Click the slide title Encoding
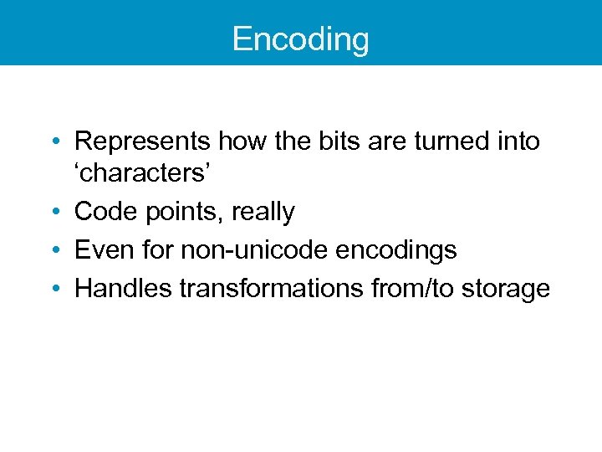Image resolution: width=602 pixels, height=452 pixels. (300, 39)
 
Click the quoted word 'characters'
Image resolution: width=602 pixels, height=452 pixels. (144, 173)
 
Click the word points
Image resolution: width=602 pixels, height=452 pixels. (179, 213)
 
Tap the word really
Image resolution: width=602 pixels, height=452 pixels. (263, 213)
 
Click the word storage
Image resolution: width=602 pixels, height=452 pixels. (510, 289)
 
